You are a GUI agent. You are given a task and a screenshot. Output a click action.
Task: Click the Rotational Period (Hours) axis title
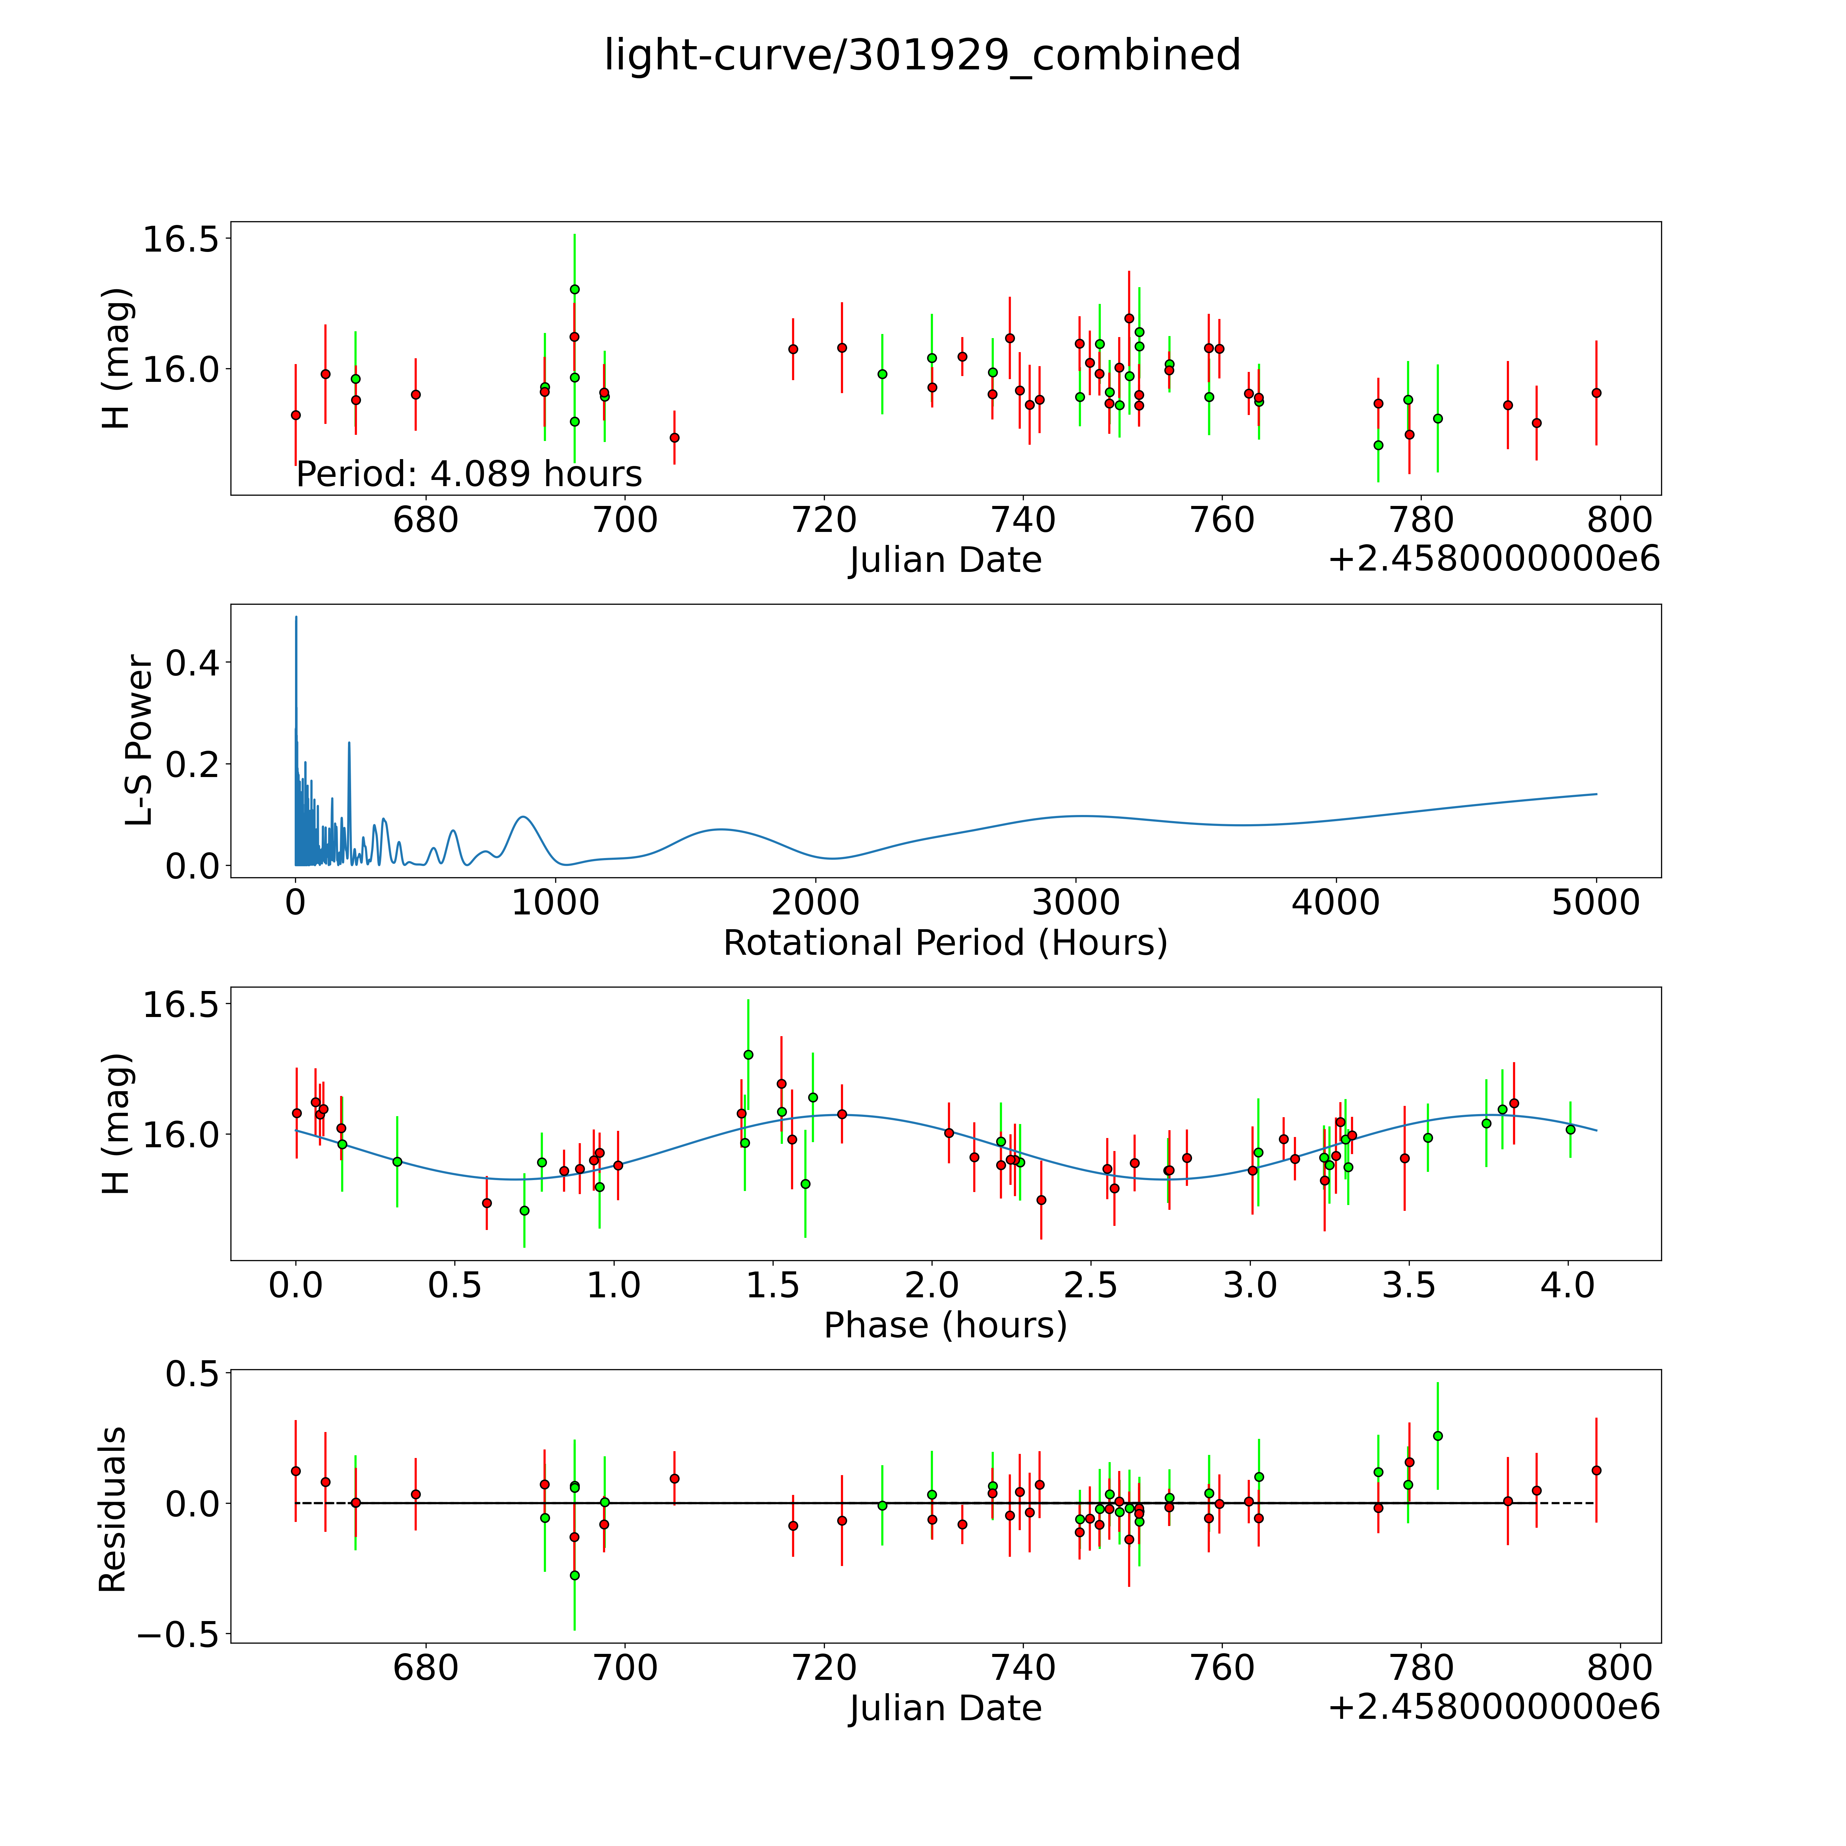[945, 943]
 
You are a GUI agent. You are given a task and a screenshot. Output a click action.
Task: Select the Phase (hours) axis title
[945, 1325]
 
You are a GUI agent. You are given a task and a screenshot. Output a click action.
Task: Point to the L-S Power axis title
[139, 740]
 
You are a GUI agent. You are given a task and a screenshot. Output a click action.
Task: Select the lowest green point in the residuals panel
[574, 1576]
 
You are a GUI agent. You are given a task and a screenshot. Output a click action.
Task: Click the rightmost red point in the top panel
[1596, 393]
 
